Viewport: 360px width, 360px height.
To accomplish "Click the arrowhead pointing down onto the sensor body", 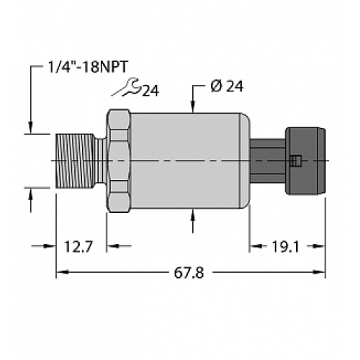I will tap(194, 108).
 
